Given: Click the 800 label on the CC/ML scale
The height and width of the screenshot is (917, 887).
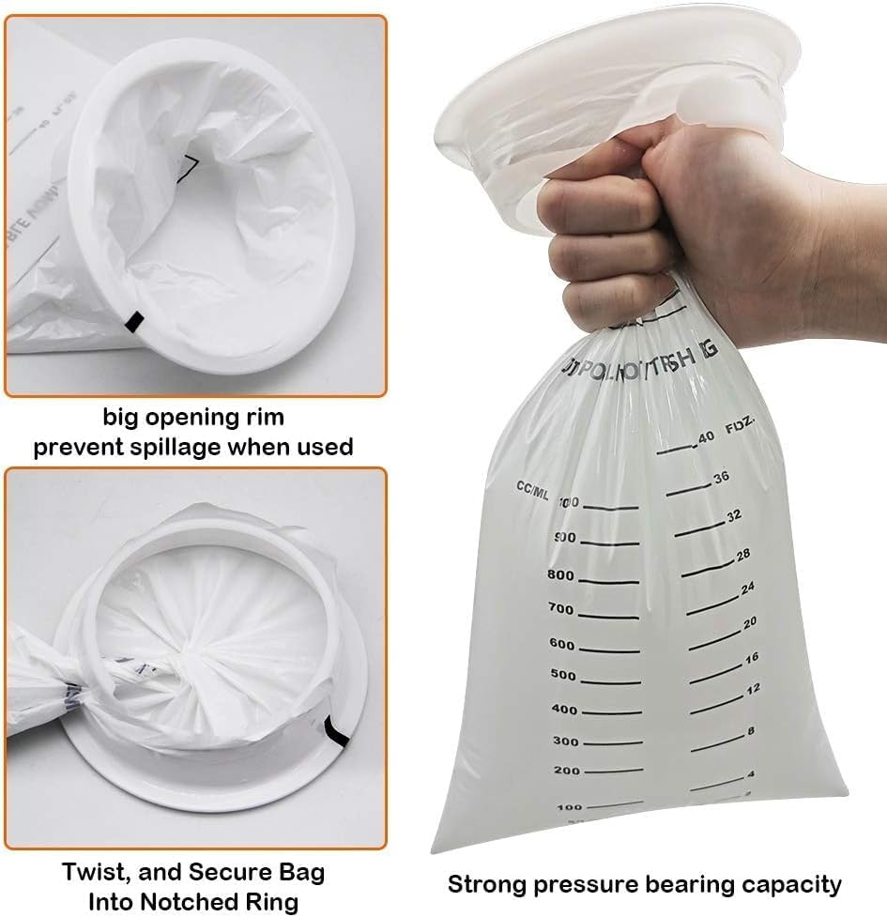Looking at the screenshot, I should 559,574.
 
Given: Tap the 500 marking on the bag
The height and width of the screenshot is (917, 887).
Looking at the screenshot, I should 563,676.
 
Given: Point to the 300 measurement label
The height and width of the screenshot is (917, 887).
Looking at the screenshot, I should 567,741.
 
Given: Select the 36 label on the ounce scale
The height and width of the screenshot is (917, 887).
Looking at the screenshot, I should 721,478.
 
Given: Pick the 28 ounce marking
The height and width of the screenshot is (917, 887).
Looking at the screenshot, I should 743,555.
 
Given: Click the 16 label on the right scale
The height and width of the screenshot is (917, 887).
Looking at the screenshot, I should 751,658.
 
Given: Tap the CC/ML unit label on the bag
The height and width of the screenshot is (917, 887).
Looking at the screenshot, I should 532,486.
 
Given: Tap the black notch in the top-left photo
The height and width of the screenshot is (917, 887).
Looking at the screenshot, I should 133,320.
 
